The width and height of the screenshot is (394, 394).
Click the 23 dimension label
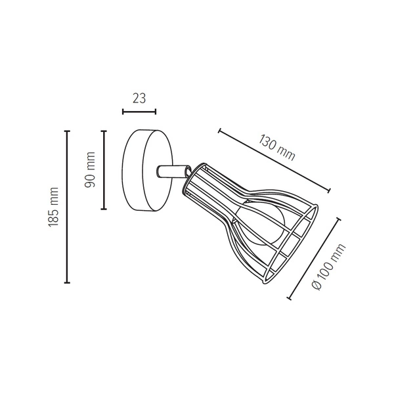(139, 98)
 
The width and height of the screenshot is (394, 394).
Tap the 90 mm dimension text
(90, 169)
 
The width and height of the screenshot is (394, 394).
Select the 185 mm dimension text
(53, 207)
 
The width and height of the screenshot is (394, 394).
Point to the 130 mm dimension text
(276, 148)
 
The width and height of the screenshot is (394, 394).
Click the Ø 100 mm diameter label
(328, 267)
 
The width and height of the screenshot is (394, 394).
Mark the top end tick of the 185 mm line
(67, 131)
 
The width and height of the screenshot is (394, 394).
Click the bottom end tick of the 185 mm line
(67, 282)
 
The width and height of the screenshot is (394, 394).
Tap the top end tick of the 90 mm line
(104, 131)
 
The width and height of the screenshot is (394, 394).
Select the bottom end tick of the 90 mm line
(104, 209)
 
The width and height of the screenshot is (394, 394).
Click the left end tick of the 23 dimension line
(123, 112)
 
